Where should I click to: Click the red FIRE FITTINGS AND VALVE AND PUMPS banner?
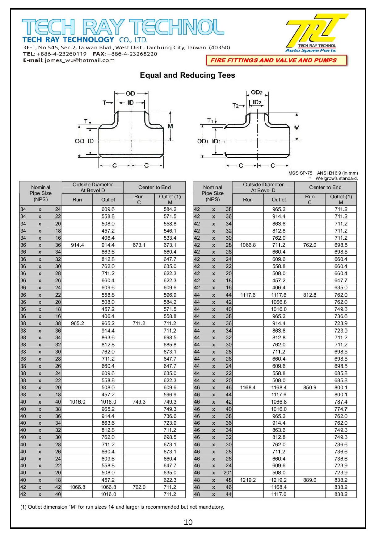pyautogui.click(x=276, y=60)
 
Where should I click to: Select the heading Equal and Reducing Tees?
pyautogui.click(x=187, y=75)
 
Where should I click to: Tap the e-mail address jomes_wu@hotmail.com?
pyautogui.click(x=79, y=60)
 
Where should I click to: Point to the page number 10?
pyautogui.click(x=188, y=522)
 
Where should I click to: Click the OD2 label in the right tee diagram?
pyautogui.click(x=257, y=92)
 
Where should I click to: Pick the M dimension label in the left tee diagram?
pyautogui.click(x=170, y=126)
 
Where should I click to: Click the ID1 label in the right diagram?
pyautogui.click(x=217, y=141)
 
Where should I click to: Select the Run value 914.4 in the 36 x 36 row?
pyautogui.click(x=77, y=245)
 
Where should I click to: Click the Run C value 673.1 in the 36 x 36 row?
pyautogui.click(x=139, y=245)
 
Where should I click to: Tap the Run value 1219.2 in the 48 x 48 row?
pyautogui.click(x=248, y=480)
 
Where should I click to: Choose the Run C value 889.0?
pyautogui.click(x=309, y=480)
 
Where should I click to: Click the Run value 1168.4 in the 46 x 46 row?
pyautogui.click(x=248, y=387)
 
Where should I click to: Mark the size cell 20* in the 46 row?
pyautogui.click(x=227, y=473)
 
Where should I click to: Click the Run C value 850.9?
pyautogui.click(x=309, y=387)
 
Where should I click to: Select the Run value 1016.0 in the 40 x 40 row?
pyautogui.click(x=77, y=402)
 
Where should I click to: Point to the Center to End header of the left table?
pyautogui.click(x=154, y=187)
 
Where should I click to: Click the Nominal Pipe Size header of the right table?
pyautogui.click(x=213, y=193)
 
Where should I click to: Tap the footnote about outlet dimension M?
pyautogui.click(x=122, y=507)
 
